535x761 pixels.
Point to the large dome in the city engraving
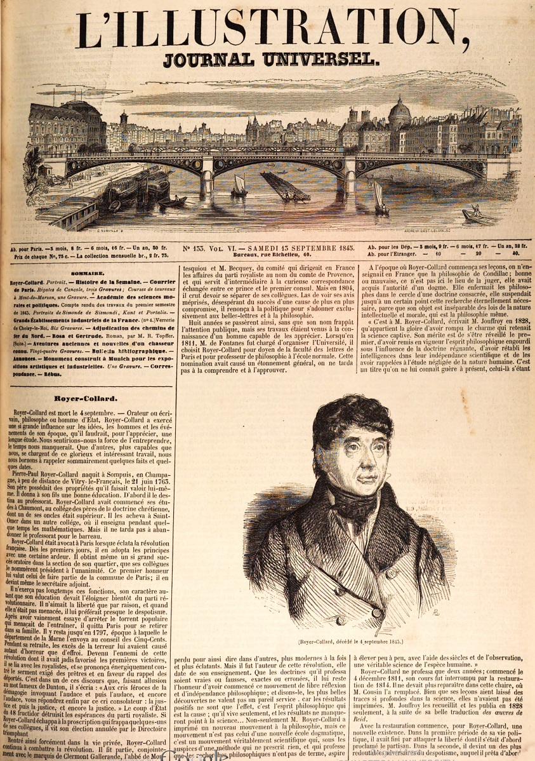point(399,113)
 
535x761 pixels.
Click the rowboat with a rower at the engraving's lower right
point(478,216)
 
